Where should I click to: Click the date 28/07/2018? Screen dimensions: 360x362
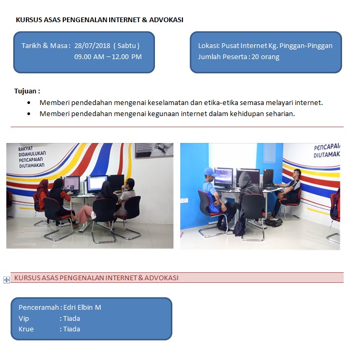(x=92, y=46)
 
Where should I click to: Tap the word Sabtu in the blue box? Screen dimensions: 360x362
(x=127, y=46)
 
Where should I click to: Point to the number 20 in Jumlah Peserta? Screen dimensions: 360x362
(x=255, y=57)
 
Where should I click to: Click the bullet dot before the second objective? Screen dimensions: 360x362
(x=28, y=113)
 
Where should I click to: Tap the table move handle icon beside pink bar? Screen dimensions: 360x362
(x=6, y=280)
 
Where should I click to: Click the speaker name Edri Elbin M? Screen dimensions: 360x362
(x=82, y=308)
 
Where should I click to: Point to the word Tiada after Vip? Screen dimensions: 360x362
(x=72, y=319)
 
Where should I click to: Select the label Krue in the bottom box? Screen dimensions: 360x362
(x=26, y=329)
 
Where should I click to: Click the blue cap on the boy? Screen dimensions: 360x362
(x=210, y=172)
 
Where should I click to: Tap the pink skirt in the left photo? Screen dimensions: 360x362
(x=85, y=214)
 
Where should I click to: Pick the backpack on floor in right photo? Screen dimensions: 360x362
(x=274, y=222)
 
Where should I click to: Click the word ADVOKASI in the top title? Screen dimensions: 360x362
(x=166, y=20)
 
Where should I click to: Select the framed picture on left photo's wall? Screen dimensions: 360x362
(x=154, y=150)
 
